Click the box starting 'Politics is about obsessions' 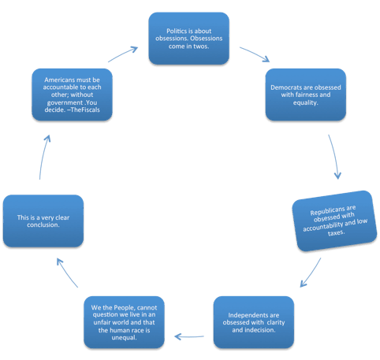(188, 39)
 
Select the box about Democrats (306, 95)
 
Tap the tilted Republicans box (334, 221)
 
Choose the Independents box (254, 322)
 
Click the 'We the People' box (124, 322)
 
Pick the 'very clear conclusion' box (43, 221)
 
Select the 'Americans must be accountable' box (72, 95)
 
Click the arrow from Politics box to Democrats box (255, 54)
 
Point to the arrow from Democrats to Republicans (335, 157)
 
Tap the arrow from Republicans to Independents (311, 273)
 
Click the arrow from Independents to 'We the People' (189, 336)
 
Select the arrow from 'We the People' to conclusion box (67, 273)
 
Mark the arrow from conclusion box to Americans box (43, 157)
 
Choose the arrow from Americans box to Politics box (123, 54)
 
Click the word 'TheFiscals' (85, 109)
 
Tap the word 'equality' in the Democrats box (306, 102)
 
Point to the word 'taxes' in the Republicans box (336, 232)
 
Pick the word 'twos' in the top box (201, 46)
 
